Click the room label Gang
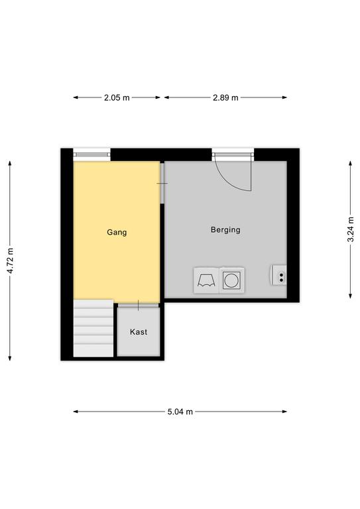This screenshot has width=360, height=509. [117, 233]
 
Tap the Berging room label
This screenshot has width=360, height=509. [225, 230]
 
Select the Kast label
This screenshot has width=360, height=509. [139, 332]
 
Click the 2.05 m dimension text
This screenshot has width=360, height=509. [117, 97]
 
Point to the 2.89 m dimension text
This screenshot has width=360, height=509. [225, 97]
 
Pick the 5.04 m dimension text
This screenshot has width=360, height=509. [180, 412]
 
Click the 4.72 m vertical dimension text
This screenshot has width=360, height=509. [10, 260]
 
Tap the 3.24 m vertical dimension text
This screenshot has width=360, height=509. [351, 229]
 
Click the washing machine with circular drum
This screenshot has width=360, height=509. [232, 280]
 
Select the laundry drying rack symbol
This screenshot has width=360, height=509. [206, 280]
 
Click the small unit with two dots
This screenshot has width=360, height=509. [279, 275]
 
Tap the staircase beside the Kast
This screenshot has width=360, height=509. [93, 328]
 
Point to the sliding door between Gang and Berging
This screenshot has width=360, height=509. [162, 183]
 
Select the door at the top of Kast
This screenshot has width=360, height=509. [139, 305]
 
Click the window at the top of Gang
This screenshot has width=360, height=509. [92, 154]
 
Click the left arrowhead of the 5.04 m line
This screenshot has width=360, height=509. [76, 412]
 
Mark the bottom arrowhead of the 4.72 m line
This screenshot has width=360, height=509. [10, 358]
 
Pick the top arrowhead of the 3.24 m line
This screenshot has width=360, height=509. [351, 163]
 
